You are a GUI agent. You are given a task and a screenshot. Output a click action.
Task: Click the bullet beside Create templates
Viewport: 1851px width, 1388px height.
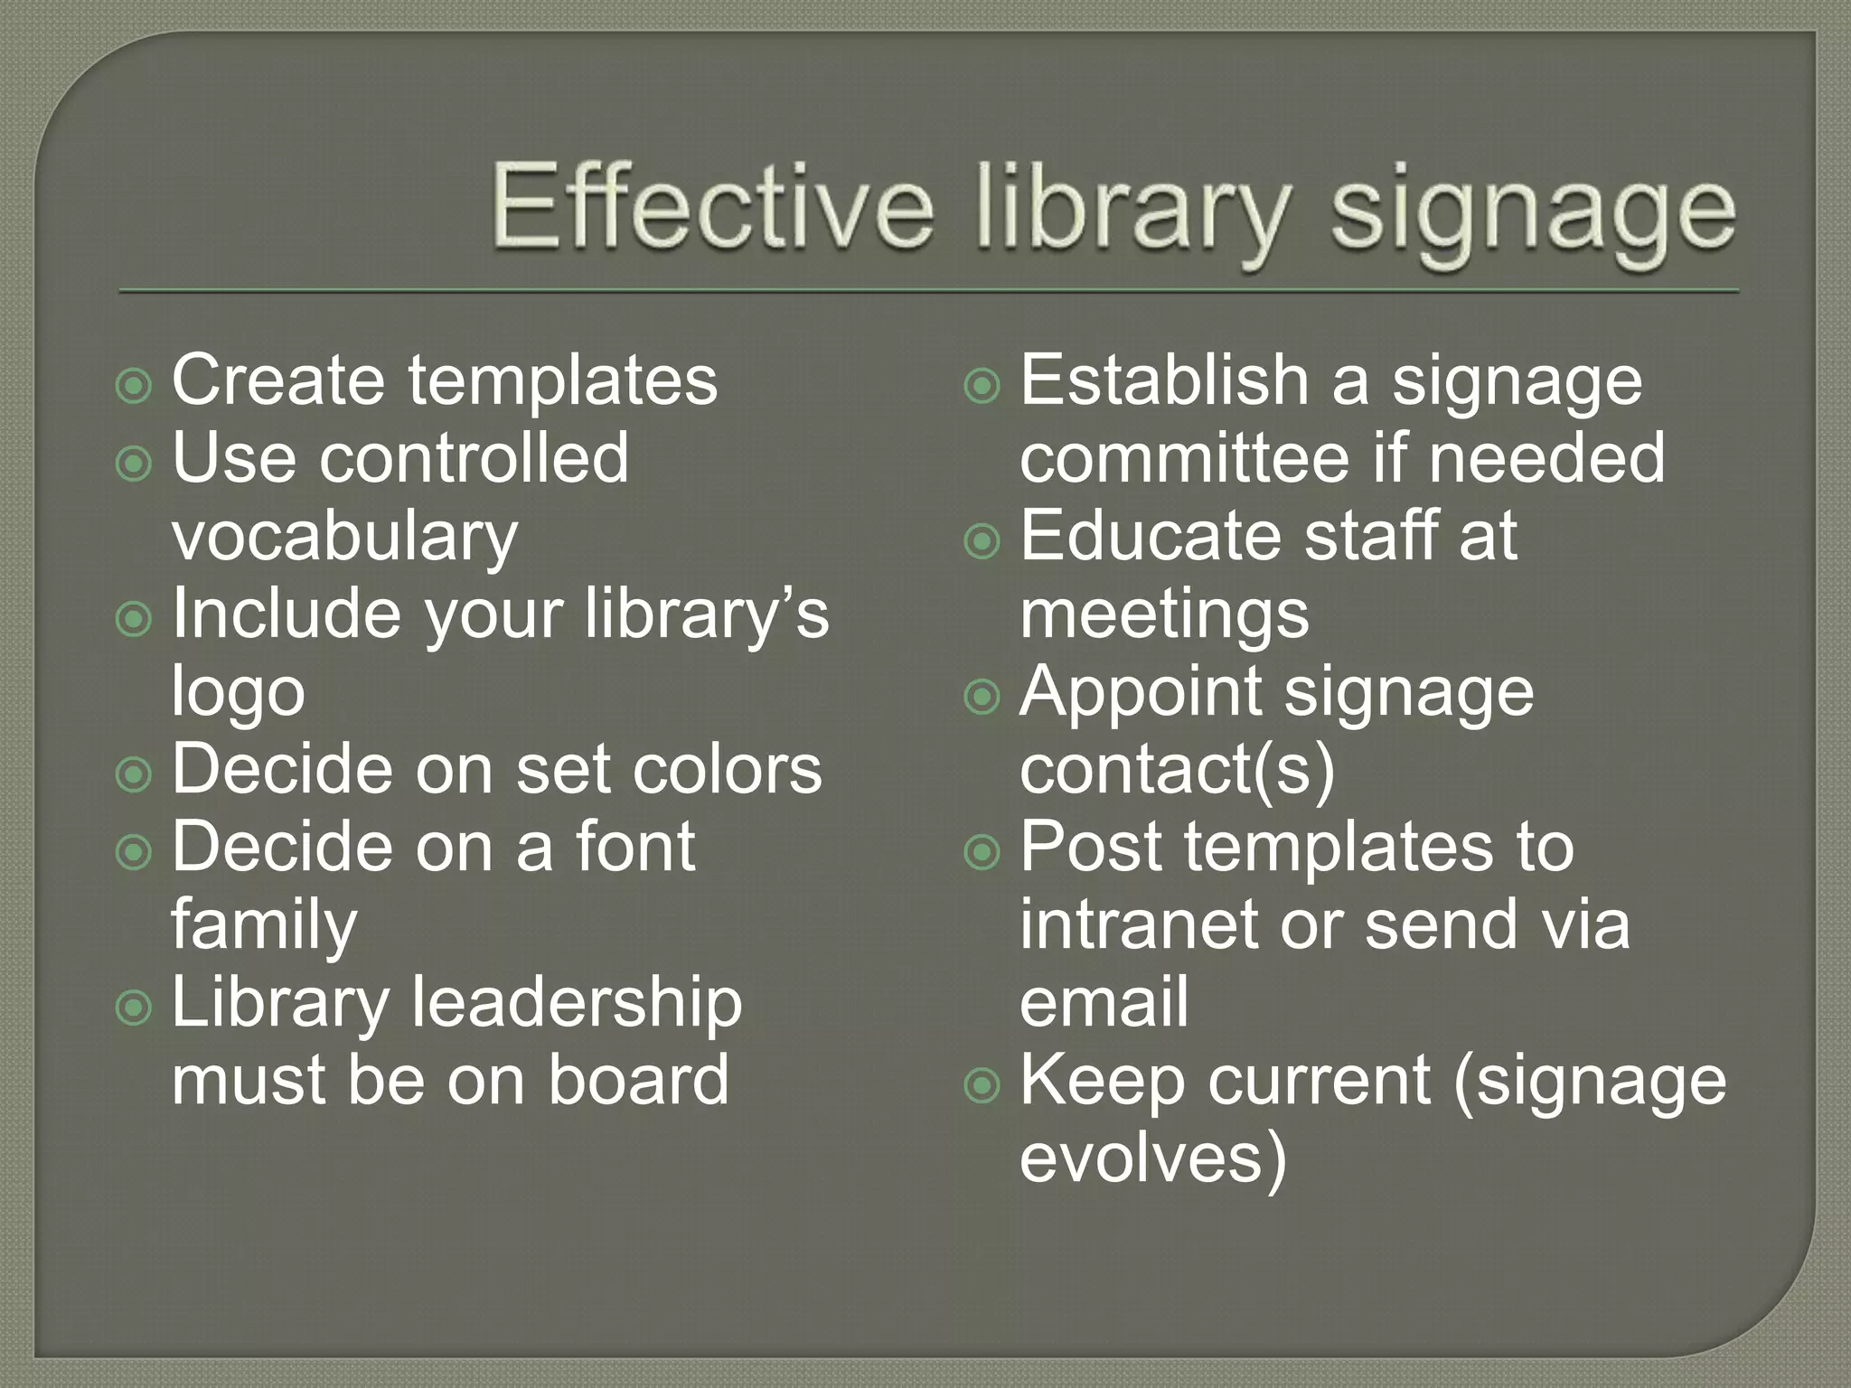coord(135,387)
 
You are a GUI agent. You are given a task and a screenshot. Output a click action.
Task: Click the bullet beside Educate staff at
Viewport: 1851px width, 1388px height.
coord(982,542)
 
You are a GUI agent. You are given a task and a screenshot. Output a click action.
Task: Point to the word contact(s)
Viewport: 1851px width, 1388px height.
coord(1177,770)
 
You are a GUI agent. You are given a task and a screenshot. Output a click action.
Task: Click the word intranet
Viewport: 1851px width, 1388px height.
coord(1140,924)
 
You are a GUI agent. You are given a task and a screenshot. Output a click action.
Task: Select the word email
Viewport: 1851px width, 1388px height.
coord(1104,1002)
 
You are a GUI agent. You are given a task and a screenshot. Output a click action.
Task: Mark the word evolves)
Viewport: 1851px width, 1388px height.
coord(1152,1158)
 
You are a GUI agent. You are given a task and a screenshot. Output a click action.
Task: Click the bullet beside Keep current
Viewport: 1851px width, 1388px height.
coord(982,1086)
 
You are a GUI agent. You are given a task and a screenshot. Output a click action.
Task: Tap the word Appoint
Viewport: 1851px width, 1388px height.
coord(1141,692)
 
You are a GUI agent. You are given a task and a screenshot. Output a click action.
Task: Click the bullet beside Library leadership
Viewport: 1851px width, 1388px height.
coord(135,1008)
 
